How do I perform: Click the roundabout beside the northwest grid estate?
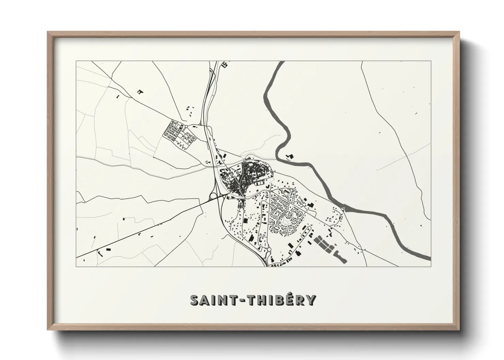click(186, 127)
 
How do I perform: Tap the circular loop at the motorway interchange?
click(213, 196)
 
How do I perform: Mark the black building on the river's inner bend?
click(290, 157)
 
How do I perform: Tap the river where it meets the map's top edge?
click(281, 63)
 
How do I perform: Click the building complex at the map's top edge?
click(225, 64)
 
